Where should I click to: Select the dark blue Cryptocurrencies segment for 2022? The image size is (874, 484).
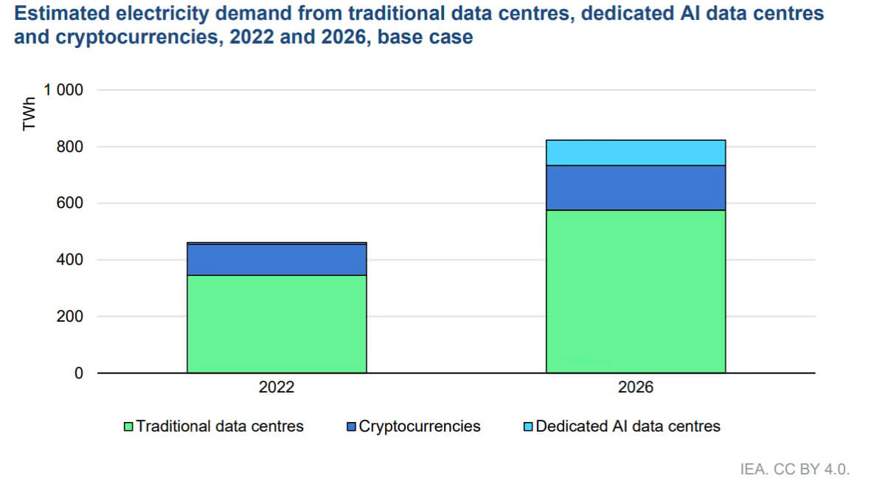point(277,259)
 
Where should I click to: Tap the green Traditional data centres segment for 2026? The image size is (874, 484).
point(636,291)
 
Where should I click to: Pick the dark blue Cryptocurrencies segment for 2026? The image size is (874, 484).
point(636,187)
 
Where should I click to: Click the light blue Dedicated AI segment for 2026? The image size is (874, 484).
point(636,153)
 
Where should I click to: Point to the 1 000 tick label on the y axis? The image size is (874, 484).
point(63,91)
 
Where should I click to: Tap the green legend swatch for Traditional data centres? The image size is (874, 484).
point(129,426)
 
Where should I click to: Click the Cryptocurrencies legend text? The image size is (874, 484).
point(419,426)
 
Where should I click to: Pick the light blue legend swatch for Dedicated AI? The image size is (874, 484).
point(528,426)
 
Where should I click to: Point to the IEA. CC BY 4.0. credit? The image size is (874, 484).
point(796,469)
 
